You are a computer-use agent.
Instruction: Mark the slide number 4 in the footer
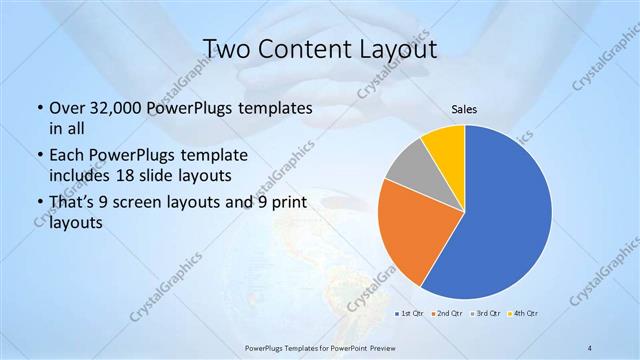(590, 347)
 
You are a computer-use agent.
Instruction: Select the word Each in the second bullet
(67, 155)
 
